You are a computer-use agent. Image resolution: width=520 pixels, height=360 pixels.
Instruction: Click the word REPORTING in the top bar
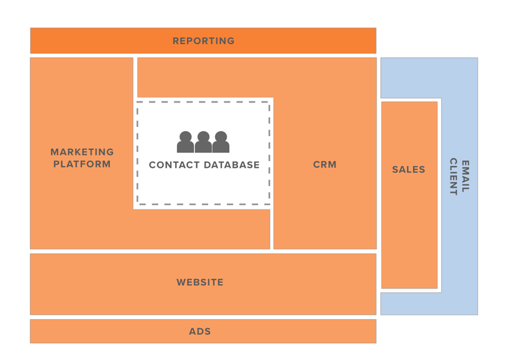coord(203,41)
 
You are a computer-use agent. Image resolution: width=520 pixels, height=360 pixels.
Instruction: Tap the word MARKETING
coord(82,152)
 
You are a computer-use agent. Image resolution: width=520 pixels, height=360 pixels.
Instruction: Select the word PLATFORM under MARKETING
coord(82,164)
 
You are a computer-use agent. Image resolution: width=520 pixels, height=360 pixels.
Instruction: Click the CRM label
coord(324,165)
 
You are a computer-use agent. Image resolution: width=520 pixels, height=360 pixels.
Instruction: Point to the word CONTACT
coord(173,165)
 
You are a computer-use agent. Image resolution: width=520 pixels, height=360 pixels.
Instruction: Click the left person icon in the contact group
coord(185,142)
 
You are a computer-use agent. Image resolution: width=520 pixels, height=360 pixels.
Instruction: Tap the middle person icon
coord(203,142)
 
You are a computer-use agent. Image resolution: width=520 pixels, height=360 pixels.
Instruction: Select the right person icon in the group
coord(221,142)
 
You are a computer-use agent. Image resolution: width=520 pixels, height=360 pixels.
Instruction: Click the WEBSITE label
coord(200,282)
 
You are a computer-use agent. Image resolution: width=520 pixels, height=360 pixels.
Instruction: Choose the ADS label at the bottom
coord(200,331)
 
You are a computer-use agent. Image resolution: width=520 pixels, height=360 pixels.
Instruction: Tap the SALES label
coord(409,169)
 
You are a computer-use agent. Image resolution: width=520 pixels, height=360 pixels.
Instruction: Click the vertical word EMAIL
coord(465,176)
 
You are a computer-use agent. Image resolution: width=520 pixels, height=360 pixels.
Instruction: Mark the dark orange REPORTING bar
coord(93,41)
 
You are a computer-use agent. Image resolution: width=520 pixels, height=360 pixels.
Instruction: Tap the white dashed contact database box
coord(203,187)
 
